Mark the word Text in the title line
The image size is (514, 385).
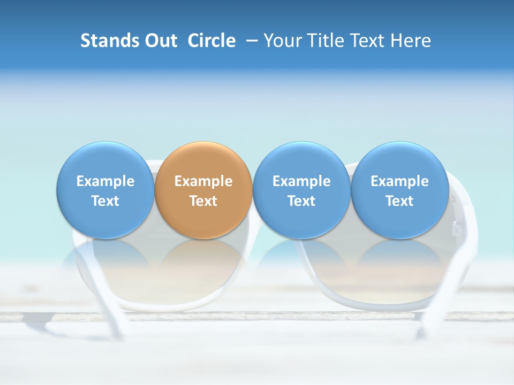pos(370,41)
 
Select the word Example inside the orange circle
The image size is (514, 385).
pos(203,181)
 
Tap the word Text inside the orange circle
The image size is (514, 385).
pos(203,201)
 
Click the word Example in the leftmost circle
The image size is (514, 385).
pos(105,181)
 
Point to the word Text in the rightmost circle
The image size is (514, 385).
pos(400,201)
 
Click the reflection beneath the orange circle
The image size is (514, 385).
pos(203,257)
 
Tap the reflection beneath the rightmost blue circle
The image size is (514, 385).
pos(400,257)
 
